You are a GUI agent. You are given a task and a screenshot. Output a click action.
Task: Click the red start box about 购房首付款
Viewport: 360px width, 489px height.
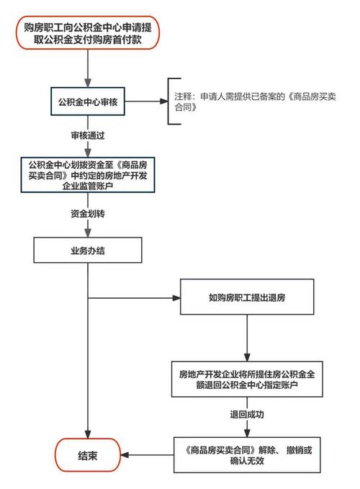click(x=88, y=34)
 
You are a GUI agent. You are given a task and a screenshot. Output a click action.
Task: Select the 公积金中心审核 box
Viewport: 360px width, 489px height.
click(x=88, y=102)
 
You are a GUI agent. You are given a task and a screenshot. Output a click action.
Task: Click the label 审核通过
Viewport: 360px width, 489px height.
click(x=88, y=135)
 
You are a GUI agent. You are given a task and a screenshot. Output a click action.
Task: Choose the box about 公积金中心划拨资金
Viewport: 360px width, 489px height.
click(x=88, y=175)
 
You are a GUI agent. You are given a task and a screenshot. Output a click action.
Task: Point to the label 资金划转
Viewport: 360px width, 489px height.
click(x=88, y=214)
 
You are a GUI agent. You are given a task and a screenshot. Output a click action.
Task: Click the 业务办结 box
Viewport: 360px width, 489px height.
click(x=88, y=251)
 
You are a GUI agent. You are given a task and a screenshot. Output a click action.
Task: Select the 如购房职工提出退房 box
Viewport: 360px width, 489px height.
click(x=246, y=297)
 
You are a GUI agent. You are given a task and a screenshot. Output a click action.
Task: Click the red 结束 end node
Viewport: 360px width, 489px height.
click(x=88, y=454)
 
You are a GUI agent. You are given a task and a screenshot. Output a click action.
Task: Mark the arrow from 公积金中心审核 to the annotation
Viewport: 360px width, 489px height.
click(x=148, y=102)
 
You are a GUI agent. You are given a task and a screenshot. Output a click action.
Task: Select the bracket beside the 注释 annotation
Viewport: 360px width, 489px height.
click(x=170, y=102)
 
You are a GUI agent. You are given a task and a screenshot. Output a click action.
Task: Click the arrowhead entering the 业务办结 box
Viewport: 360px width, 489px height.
click(x=88, y=233)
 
